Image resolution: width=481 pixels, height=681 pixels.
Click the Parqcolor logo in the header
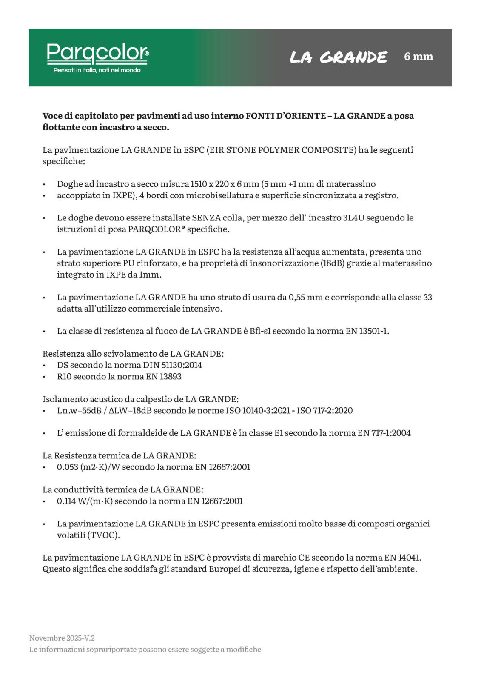[97, 53]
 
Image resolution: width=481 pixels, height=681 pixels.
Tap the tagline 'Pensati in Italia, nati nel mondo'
[97, 70]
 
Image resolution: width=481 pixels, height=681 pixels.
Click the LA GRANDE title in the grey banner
[339, 57]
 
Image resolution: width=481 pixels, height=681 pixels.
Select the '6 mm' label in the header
[418, 56]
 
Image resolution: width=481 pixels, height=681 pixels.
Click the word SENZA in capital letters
[206, 218]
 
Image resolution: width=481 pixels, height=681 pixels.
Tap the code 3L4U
[353, 218]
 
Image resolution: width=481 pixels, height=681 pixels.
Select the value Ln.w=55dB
[79, 411]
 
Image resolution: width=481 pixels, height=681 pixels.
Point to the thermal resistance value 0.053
[67, 467]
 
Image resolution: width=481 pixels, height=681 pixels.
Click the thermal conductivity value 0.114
[66, 501]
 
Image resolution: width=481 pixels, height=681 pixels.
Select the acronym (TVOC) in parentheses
[103, 535]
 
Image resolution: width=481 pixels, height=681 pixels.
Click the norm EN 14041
[403, 558]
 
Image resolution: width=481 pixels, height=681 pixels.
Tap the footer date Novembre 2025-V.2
[62, 638]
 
